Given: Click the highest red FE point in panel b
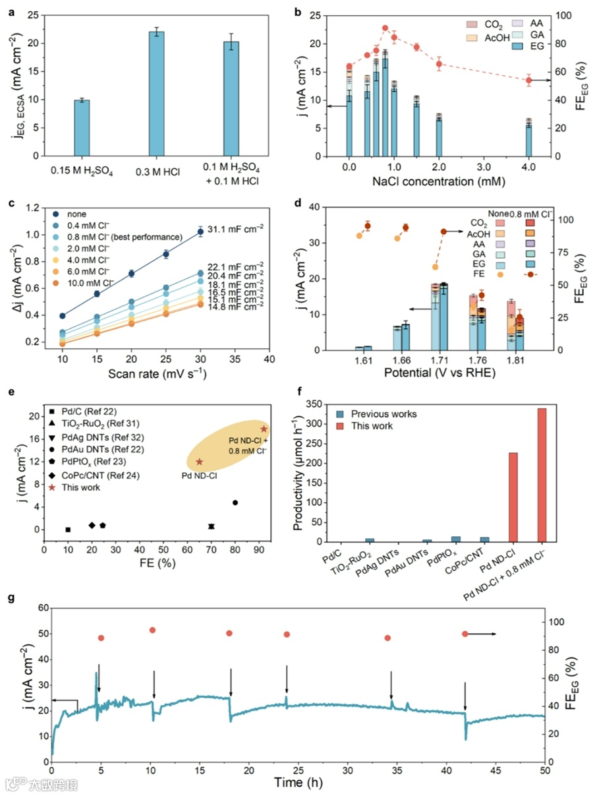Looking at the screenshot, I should tap(385, 28).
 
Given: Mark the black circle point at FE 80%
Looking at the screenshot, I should tap(235, 503).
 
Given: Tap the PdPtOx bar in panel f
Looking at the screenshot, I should tap(456, 539).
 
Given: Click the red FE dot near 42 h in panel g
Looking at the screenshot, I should tap(465, 634).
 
